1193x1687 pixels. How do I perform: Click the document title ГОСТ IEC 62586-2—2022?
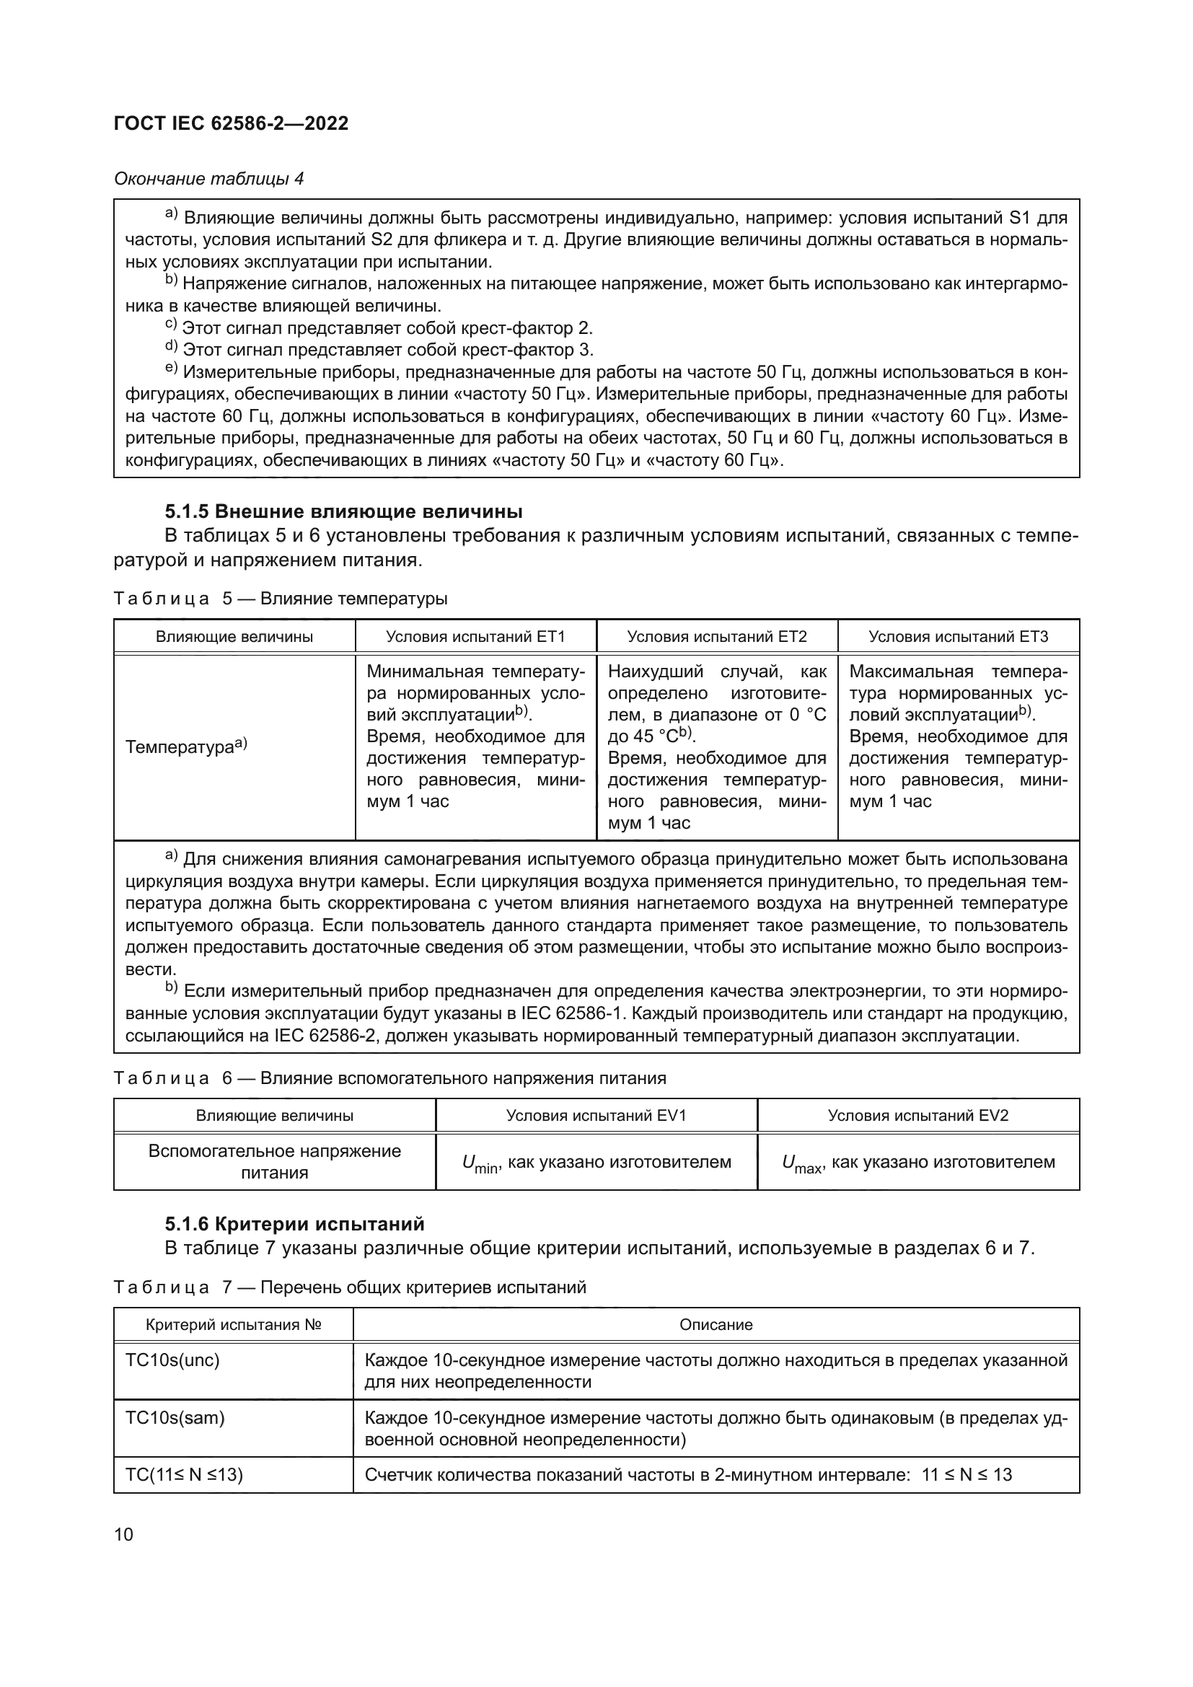pyautogui.click(x=231, y=123)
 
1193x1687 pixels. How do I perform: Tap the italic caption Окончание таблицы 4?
pyautogui.click(x=208, y=179)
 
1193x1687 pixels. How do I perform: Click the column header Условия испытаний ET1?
pyautogui.click(x=475, y=636)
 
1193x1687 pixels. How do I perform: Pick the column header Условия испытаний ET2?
pyautogui.click(x=716, y=636)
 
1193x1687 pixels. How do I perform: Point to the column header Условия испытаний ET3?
pyautogui.click(x=958, y=636)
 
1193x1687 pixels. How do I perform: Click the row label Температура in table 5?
pyautogui.click(x=186, y=747)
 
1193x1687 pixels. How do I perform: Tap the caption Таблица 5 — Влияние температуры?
pyautogui.click(x=281, y=599)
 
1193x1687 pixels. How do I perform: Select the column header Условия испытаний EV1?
pyautogui.click(x=596, y=1115)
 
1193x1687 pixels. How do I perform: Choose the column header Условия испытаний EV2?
pyautogui.click(x=917, y=1115)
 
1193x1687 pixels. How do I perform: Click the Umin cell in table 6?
pyautogui.click(x=596, y=1163)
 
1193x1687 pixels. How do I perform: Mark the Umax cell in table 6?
pyautogui.click(x=917, y=1163)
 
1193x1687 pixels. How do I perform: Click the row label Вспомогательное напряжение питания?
pyautogui.click(x=274, y=1162)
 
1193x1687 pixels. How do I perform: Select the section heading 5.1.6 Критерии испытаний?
pyautogui.click(x=294, y=1224)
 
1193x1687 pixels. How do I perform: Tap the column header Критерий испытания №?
pyautogui.click(x=234, y=1325)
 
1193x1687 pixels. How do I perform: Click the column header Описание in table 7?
pyautogui.click(x=716, y=1325)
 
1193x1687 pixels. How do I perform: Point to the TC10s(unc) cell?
pyautogui.click(x=172, y=1361)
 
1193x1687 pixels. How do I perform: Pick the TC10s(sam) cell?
pyautogui.click(x=175, y=1418)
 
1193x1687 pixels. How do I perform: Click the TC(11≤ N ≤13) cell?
pyautogui.click(x=184, y=1475)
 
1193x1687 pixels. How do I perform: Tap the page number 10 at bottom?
pyautogui.click(x=124, y=1534)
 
